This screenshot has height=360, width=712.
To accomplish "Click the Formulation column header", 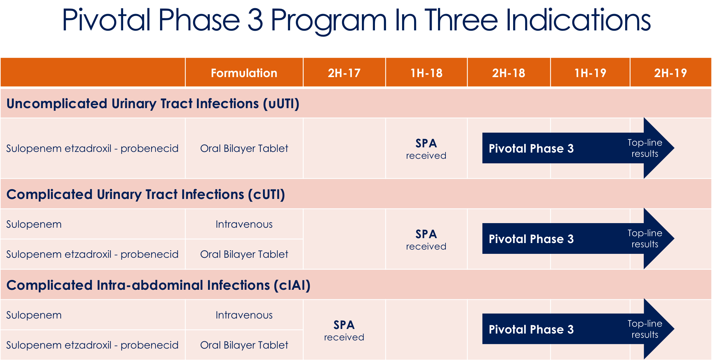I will (x=244, y=73).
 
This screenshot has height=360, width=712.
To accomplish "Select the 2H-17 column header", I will (x=344, y=73).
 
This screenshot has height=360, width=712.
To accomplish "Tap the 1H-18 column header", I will (x=426, y=73).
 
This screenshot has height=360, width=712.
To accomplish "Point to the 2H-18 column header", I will (x=509, y=73).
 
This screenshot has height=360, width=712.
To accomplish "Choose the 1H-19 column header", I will (x=590, y=73).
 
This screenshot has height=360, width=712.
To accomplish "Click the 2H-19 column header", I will (x=670, y=73).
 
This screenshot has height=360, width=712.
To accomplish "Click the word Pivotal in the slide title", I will (x=106, y=20).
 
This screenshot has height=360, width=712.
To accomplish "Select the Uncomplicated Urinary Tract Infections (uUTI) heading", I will (x=153, y=104).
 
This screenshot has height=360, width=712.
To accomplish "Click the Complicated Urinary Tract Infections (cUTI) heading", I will (x=146, y=194).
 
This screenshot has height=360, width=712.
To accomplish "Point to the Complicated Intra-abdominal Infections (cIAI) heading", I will (x=158, y=285).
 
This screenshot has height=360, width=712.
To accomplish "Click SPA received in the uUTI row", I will (x=426, y=149).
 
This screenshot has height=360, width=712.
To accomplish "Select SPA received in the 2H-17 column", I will (x=344, y=331).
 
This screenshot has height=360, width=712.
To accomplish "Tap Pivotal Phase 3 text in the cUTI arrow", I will (x=531, y=239).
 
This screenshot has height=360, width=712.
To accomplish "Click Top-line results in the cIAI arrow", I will (x=644, y=329).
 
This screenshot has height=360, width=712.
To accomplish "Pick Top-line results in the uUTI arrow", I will (x=644, y=148).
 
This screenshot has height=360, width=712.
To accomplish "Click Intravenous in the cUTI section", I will (x=244, y=224).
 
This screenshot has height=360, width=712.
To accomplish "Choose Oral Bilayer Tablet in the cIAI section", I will (x=244, y=345).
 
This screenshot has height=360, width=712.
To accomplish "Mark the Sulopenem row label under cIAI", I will (x=34, y=315).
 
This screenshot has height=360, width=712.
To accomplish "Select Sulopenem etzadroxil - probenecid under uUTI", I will (x=92, y=148).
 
